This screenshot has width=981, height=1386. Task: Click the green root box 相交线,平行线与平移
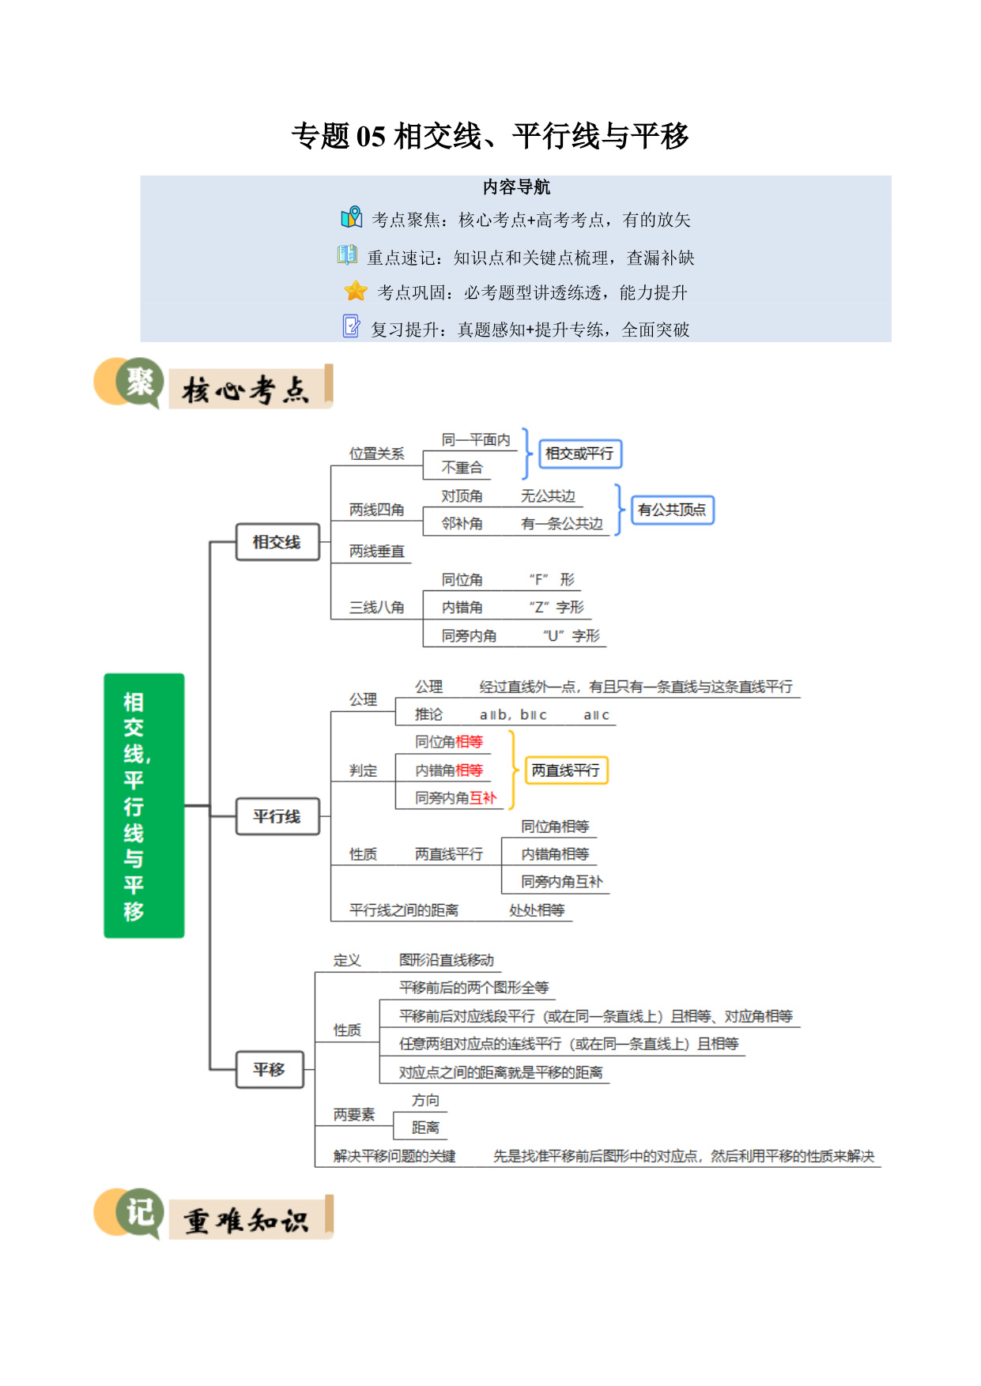[144, 805]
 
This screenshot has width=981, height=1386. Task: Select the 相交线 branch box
[277, 542]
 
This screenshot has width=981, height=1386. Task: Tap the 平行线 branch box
[277, 816]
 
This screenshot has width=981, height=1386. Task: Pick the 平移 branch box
[270, 1069]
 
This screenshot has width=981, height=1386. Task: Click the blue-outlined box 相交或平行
[579, 454]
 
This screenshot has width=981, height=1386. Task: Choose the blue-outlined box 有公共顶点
[672, 510]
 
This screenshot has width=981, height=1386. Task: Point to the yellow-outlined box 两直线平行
[566, 770]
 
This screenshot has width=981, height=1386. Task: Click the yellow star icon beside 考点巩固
[356, 291]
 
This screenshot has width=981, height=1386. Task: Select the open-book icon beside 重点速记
[347, 254]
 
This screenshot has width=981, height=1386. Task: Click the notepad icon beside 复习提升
[351, 326]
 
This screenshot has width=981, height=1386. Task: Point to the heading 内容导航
[516, 187]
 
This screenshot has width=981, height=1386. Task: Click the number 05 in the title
[371, 137]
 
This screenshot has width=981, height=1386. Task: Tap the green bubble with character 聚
[139, 382]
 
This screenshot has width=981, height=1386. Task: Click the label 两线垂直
[377, 552]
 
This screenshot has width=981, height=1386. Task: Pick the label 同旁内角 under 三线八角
[470, 636]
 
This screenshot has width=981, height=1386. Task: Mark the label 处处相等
[538, 910]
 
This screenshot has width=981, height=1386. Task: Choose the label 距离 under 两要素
[426, 1128]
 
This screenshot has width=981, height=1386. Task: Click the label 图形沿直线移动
[447, 960]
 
